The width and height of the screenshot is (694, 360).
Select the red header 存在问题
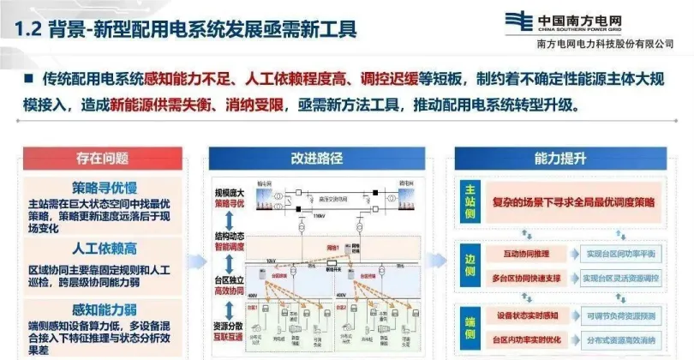click(102, 158)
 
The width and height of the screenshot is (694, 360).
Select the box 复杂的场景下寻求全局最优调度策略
click(573, 202)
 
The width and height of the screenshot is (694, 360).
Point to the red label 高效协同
click(230, 291)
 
